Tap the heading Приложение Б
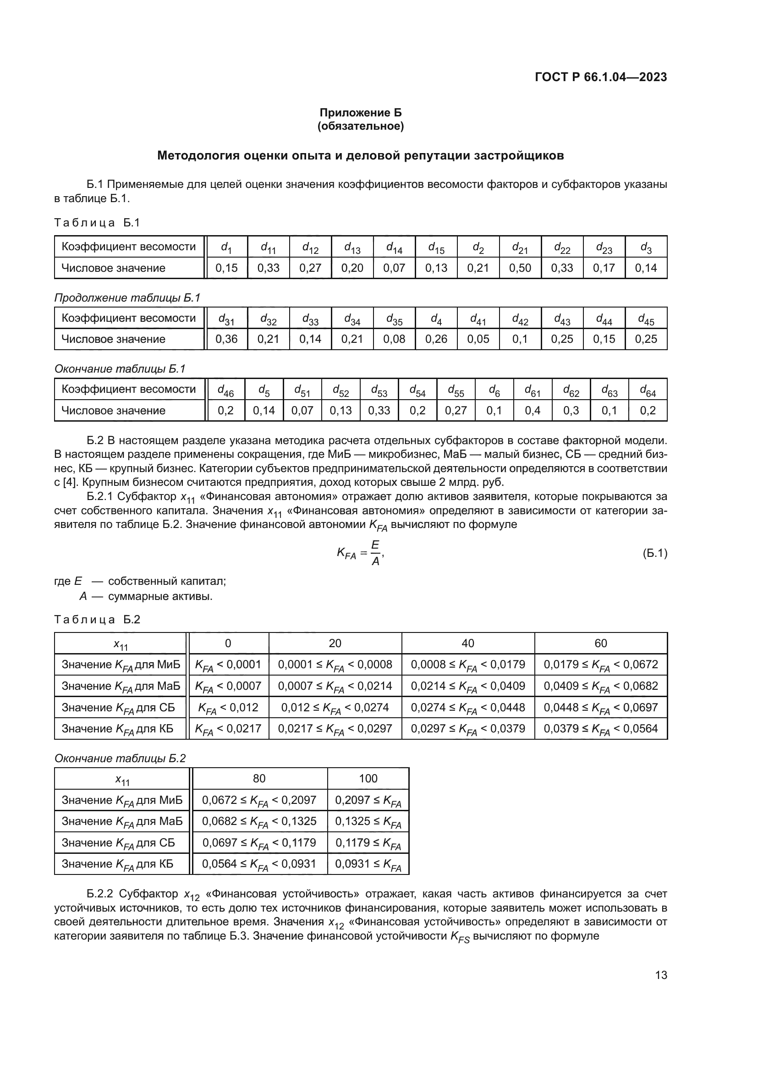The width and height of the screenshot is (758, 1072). tap(360, 113)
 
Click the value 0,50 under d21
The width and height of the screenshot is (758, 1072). tap(520, 268)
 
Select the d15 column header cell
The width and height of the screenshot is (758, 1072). tap(436, 247)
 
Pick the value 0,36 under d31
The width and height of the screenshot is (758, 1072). tap(226, 339)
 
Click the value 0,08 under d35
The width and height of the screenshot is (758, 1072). tap(394, 339)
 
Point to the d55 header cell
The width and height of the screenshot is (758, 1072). tap(456, 390)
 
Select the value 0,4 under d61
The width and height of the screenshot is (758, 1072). tap(533, 410)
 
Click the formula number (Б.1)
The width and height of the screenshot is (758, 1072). tap(654, 553)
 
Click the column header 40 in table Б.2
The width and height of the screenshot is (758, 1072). tap(468, 643)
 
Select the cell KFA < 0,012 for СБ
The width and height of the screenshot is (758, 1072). tap(228, 707)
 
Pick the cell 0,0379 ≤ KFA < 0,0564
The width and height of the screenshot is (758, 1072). tap(601, 728)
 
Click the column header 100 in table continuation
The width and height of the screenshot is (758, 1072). tap(368, 778)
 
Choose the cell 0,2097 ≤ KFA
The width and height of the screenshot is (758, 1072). tap(368, 800)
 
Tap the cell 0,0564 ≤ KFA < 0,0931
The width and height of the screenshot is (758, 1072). tap(259, 864)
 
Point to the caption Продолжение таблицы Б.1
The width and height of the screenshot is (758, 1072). tap(127, 298)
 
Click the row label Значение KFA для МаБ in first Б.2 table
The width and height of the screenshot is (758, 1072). tap(121, 686)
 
